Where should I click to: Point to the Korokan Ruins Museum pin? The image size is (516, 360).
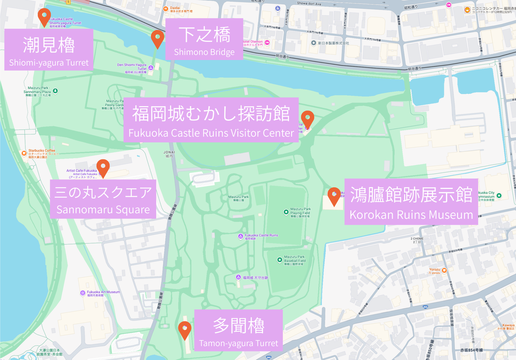334,196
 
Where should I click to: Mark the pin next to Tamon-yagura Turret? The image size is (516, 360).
185,330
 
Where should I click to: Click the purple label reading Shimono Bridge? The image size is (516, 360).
204,41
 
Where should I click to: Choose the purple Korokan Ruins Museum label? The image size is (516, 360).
411,202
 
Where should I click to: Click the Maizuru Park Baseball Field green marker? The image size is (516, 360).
279,259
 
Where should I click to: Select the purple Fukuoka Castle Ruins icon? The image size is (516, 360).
240,236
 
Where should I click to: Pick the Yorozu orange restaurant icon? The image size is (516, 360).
445,270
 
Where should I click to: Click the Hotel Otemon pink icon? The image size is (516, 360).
267,43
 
